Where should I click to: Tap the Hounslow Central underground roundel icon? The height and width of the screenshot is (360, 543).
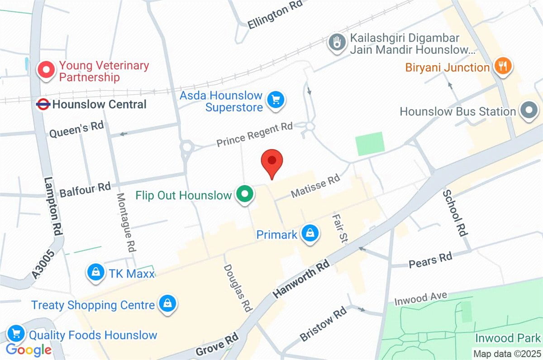(x=43, y=104)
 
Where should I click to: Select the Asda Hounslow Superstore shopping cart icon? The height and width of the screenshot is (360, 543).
(x=276, y=100)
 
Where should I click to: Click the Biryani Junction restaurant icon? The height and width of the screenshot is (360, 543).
(x=502, y=67)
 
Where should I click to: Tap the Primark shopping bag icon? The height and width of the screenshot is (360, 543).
(x=310, y=234)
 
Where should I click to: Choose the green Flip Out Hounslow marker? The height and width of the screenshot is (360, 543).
(x=245, y=194)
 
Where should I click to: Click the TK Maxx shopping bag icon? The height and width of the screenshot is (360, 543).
(x=96, y=272)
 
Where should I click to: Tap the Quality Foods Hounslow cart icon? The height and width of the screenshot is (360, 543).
(x=16, y=334)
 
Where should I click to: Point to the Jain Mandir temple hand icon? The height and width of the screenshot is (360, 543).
(x=337, y=43)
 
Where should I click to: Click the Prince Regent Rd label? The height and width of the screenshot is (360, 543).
(x=254, y=134)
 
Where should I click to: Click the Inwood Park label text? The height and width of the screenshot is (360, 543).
(x=508, y=338)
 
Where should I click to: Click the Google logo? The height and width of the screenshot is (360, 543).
(x=29, y=349)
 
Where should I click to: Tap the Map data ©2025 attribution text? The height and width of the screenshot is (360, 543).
(x=506, y=353)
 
